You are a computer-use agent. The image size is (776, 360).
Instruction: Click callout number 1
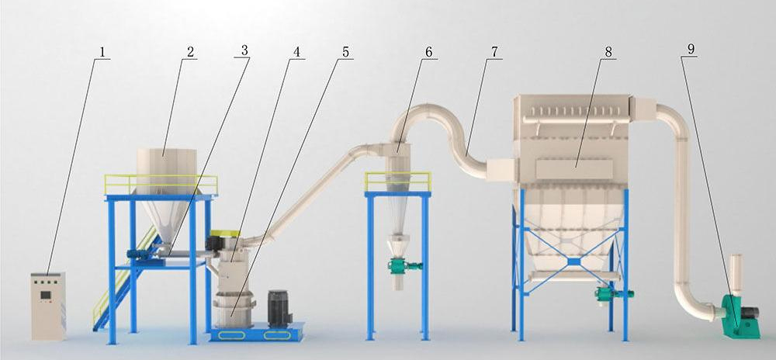[x=102, y=51]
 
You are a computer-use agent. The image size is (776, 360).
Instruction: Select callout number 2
[x=191, y=51]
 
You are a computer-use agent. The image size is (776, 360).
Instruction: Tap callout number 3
[x=244, y=50]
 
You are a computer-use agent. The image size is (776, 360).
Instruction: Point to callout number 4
[x=296, y=51]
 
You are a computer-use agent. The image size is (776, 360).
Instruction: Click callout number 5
[x=345, y=51]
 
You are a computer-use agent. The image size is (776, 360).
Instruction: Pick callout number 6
[x=428, y=51]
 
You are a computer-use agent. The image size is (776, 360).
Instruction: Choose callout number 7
[x=494, y=51]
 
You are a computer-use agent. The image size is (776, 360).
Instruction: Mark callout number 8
[x=608, y=51]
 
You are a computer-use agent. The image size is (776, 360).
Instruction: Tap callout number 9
[x=691, y=48]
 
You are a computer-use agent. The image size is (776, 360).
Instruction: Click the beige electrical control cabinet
[x=48, y=306]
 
